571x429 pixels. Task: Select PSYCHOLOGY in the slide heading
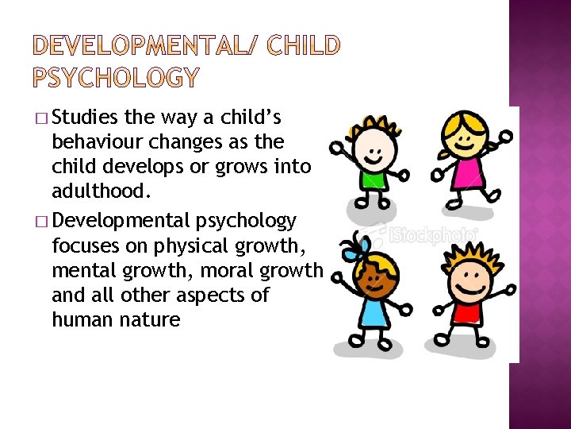point(117,77)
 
